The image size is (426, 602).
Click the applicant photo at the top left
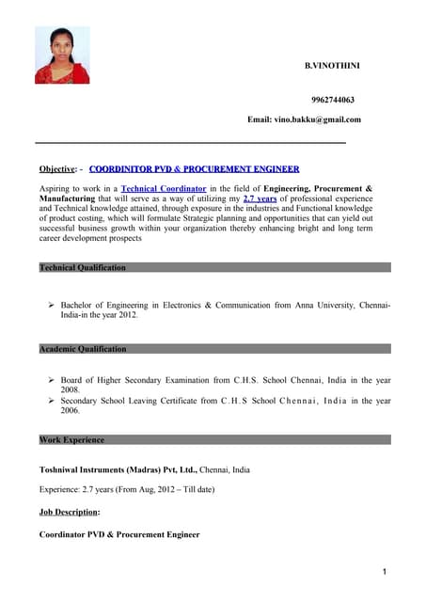(x=62, y=55)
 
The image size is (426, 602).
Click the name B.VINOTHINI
(x=332, y=65)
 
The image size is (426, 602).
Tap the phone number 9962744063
(x=332, y=99)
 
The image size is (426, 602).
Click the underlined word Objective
(x=57, y=169)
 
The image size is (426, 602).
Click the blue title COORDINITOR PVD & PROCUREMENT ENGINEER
(x=195, y=169)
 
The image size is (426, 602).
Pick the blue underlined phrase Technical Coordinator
(x=164, y=189)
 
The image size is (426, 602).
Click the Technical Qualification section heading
(x=83, y=268)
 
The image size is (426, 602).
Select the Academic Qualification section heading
(x=83, y=349)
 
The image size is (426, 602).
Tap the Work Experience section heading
(x=72, y=439)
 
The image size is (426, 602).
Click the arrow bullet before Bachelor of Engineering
(x=52, y=306)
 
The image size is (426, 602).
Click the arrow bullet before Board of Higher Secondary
(x=52, y=380)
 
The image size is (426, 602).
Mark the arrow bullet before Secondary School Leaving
(x=52, y=401)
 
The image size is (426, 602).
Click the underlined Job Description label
(x=69, y=513)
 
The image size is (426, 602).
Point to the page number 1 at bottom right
(x=386, y=571)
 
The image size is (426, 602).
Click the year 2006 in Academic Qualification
(x=71, y=411)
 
